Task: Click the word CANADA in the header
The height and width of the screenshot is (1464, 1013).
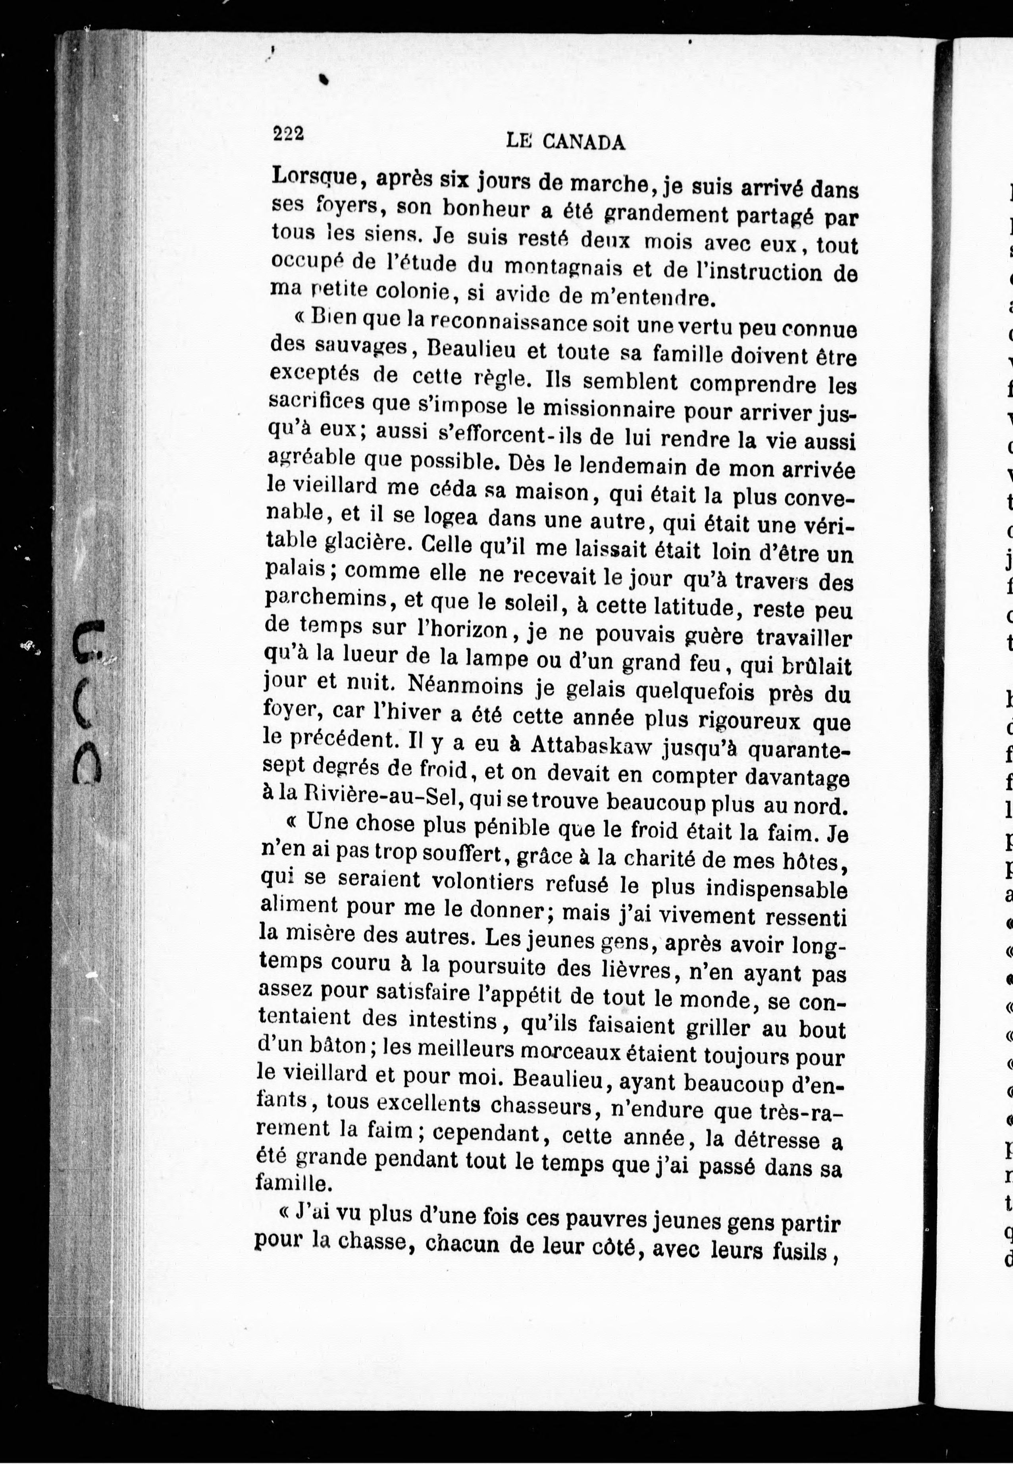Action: click(x=584, y=142)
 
